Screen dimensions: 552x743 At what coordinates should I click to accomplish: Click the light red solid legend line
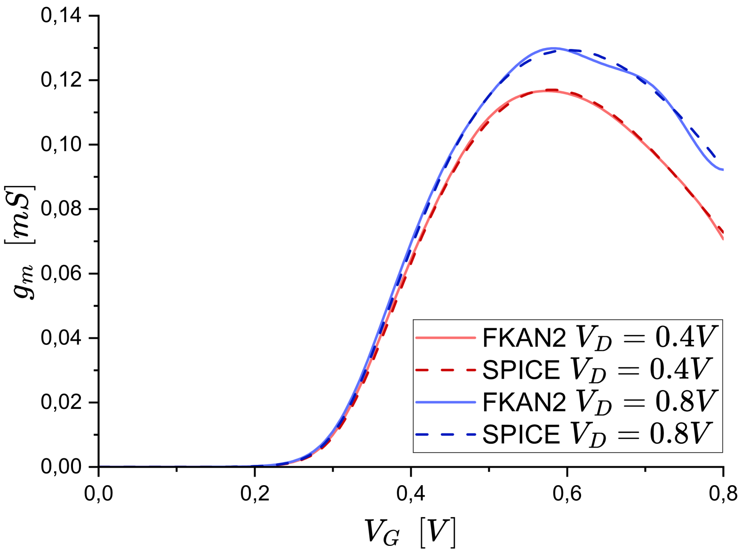click(x=446, y=337)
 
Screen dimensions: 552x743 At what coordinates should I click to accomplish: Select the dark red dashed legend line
click(x=446, y=370)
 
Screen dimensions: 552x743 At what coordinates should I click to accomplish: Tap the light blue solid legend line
click(x=446, y=402)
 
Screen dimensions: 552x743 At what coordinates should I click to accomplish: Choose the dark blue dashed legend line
click(x=446, y=434)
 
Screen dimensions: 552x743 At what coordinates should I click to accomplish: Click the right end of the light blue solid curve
click(x=722, y=169)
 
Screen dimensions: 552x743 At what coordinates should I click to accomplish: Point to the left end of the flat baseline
click(x=100, y=466)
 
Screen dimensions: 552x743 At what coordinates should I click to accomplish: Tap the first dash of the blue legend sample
click(x=421, y=434)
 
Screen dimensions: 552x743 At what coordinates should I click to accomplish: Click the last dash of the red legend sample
click(x=471, y=370)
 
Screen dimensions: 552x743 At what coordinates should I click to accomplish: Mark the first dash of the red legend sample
click(x=421, y=370)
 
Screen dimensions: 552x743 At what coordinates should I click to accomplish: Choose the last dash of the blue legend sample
click(x=471, y=434)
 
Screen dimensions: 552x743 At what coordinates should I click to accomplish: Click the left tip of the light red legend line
click(x=416, y=337)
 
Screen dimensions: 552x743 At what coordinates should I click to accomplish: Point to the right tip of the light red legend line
click(x=475, y=337)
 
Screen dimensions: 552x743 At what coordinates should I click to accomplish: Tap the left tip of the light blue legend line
click(x=416, y=402)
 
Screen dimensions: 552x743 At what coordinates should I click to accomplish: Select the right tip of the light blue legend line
click(x=475, y=402)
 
